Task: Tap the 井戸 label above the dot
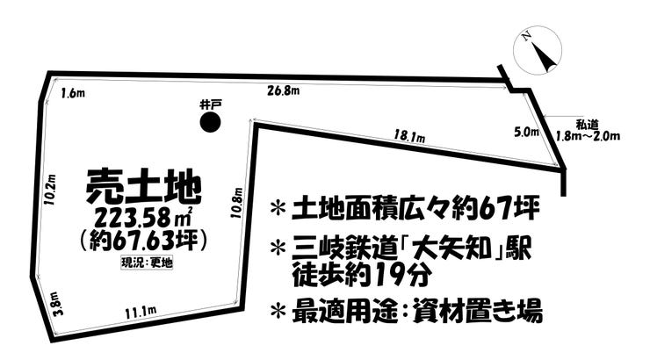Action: tap(210, 104)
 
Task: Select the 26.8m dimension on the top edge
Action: tap(284, 90)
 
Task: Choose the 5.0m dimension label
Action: tap(524, 133)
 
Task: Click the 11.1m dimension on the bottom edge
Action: tap(141, 312)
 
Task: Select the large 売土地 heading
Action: tap(143, 186)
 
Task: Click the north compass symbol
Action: tap(537, 51)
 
